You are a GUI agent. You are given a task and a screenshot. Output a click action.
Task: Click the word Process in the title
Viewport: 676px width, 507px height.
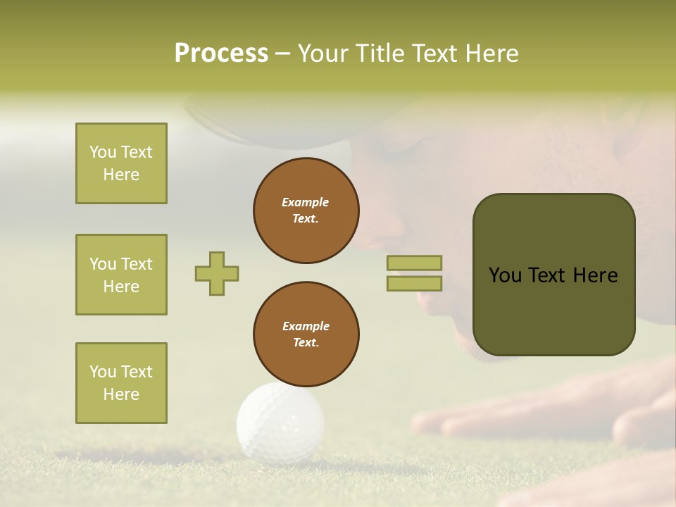pos(221,54)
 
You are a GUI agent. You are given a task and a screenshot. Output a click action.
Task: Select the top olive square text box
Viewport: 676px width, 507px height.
pos(121,163)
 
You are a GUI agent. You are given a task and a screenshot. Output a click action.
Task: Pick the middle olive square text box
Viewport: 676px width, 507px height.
pos(121,275)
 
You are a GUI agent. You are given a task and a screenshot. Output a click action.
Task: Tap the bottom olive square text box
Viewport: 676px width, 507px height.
pos(121,383)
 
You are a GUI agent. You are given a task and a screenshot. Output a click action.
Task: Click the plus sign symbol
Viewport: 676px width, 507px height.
pos(217,273)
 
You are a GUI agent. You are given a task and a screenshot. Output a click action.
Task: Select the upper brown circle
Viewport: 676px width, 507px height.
pos(306,211)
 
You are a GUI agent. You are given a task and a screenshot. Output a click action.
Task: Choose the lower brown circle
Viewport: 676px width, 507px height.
pos(306,334)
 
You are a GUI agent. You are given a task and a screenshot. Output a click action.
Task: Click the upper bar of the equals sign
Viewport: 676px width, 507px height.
pos(415,263)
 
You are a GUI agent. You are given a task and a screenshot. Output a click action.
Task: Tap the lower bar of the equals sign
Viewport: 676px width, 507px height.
pos(415,283)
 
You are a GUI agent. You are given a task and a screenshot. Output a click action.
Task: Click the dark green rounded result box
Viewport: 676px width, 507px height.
pos(553,275)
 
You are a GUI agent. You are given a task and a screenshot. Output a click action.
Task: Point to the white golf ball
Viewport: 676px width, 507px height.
pos(280,423)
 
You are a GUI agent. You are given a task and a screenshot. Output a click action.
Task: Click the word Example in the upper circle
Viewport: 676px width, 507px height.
pos(306,202)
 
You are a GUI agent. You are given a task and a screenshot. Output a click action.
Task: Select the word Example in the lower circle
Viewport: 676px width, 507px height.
pos(306,326)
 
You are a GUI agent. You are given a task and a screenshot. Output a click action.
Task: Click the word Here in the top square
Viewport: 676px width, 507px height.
pos(121,175)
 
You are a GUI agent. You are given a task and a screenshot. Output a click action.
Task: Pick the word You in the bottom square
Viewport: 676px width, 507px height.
pos(103,372)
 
